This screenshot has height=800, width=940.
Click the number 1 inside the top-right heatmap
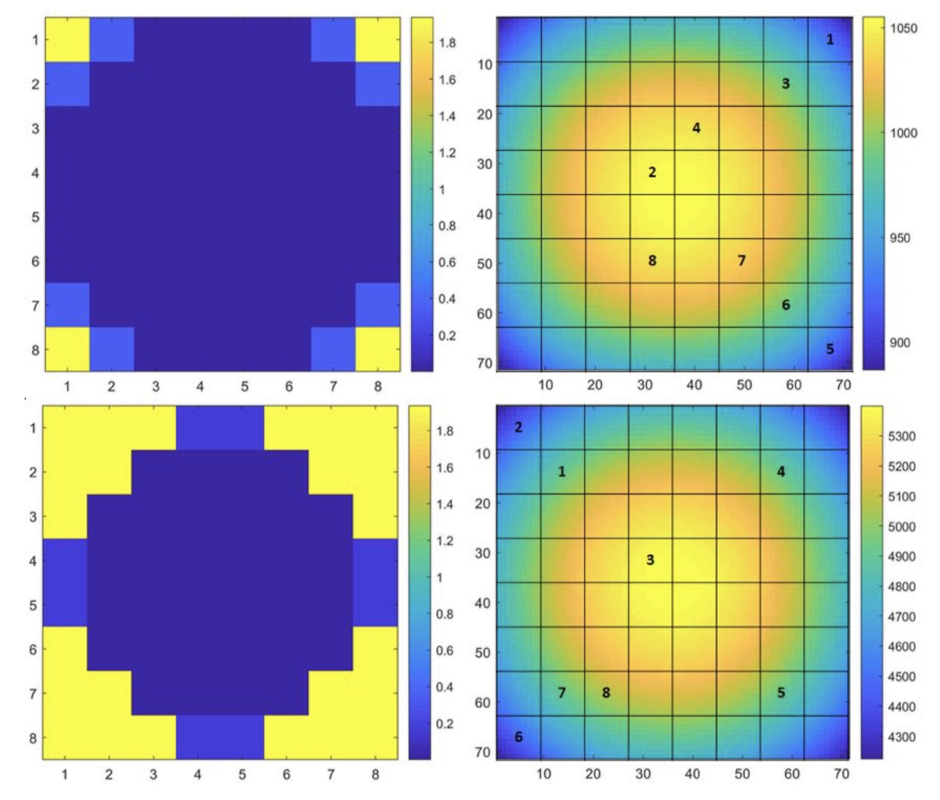coord(830,40)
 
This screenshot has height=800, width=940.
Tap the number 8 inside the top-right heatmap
coord(652,260)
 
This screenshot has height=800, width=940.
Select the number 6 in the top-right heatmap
coord(786,305)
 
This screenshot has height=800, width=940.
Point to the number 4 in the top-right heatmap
coord(696,128)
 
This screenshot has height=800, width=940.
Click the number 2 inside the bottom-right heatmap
coord(518,427)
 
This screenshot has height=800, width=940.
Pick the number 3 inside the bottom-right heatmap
coord(650,560)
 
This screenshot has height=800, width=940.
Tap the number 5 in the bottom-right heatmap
coord(781,693)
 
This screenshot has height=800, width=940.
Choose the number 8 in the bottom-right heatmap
coord(606,693)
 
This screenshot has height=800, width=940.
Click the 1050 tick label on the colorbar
coord(903,28)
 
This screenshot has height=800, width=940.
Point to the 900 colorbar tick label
coord(900,343)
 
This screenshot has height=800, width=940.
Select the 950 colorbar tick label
coord(900,238)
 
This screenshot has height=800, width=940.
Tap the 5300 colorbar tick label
coord(901,436)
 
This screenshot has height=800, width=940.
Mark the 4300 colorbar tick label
coord(901,737)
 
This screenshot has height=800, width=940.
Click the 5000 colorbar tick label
coord(901,527)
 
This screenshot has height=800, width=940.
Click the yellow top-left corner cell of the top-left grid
coord(67,40)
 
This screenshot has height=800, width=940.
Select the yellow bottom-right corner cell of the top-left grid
coord(378,349)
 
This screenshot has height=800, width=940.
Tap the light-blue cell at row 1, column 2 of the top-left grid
coord(112,40)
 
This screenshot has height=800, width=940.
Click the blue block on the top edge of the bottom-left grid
coord(220,427)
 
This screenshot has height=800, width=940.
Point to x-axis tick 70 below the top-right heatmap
coord(843,385)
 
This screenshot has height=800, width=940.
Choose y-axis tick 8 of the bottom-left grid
coord(33,738)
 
